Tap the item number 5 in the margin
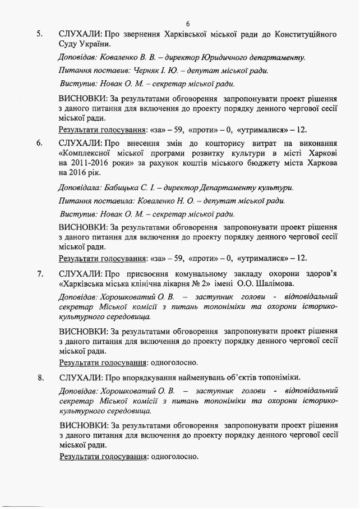(40, 34)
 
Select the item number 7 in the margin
(40, 274)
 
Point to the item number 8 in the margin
(40, 377)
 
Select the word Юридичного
(227, 57)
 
